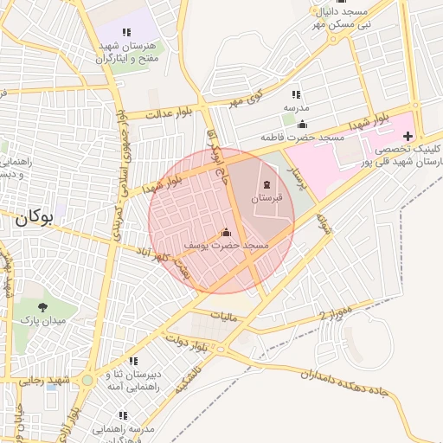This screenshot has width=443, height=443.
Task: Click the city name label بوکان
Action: point(34,219)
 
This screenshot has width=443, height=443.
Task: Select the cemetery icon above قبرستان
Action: point(266,184)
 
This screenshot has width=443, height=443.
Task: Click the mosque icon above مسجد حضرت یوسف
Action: point(227,232)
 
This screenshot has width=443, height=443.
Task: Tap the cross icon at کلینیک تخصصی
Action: point(408,136)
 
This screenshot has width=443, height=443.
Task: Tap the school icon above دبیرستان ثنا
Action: point(133,361)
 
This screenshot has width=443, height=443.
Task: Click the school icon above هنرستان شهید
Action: point(127,32)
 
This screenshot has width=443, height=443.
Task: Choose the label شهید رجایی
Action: point(47,381)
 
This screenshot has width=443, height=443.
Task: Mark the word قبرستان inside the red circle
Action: point(266,199)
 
